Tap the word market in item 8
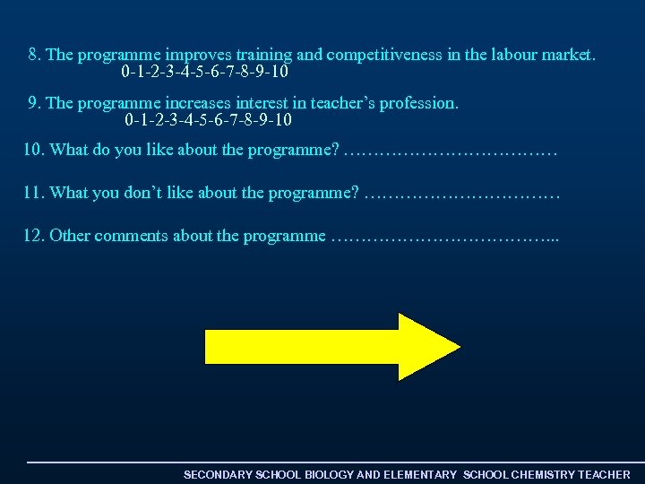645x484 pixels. tap(564, 55)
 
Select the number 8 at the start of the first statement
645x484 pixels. tap(33, 55)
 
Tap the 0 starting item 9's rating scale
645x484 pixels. tap(130, 119)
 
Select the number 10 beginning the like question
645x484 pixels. tap(32, 150)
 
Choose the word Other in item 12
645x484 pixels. tap(69, 236)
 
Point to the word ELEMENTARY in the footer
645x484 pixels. tap(420, 474)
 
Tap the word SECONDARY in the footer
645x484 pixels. tap(218, 474)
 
